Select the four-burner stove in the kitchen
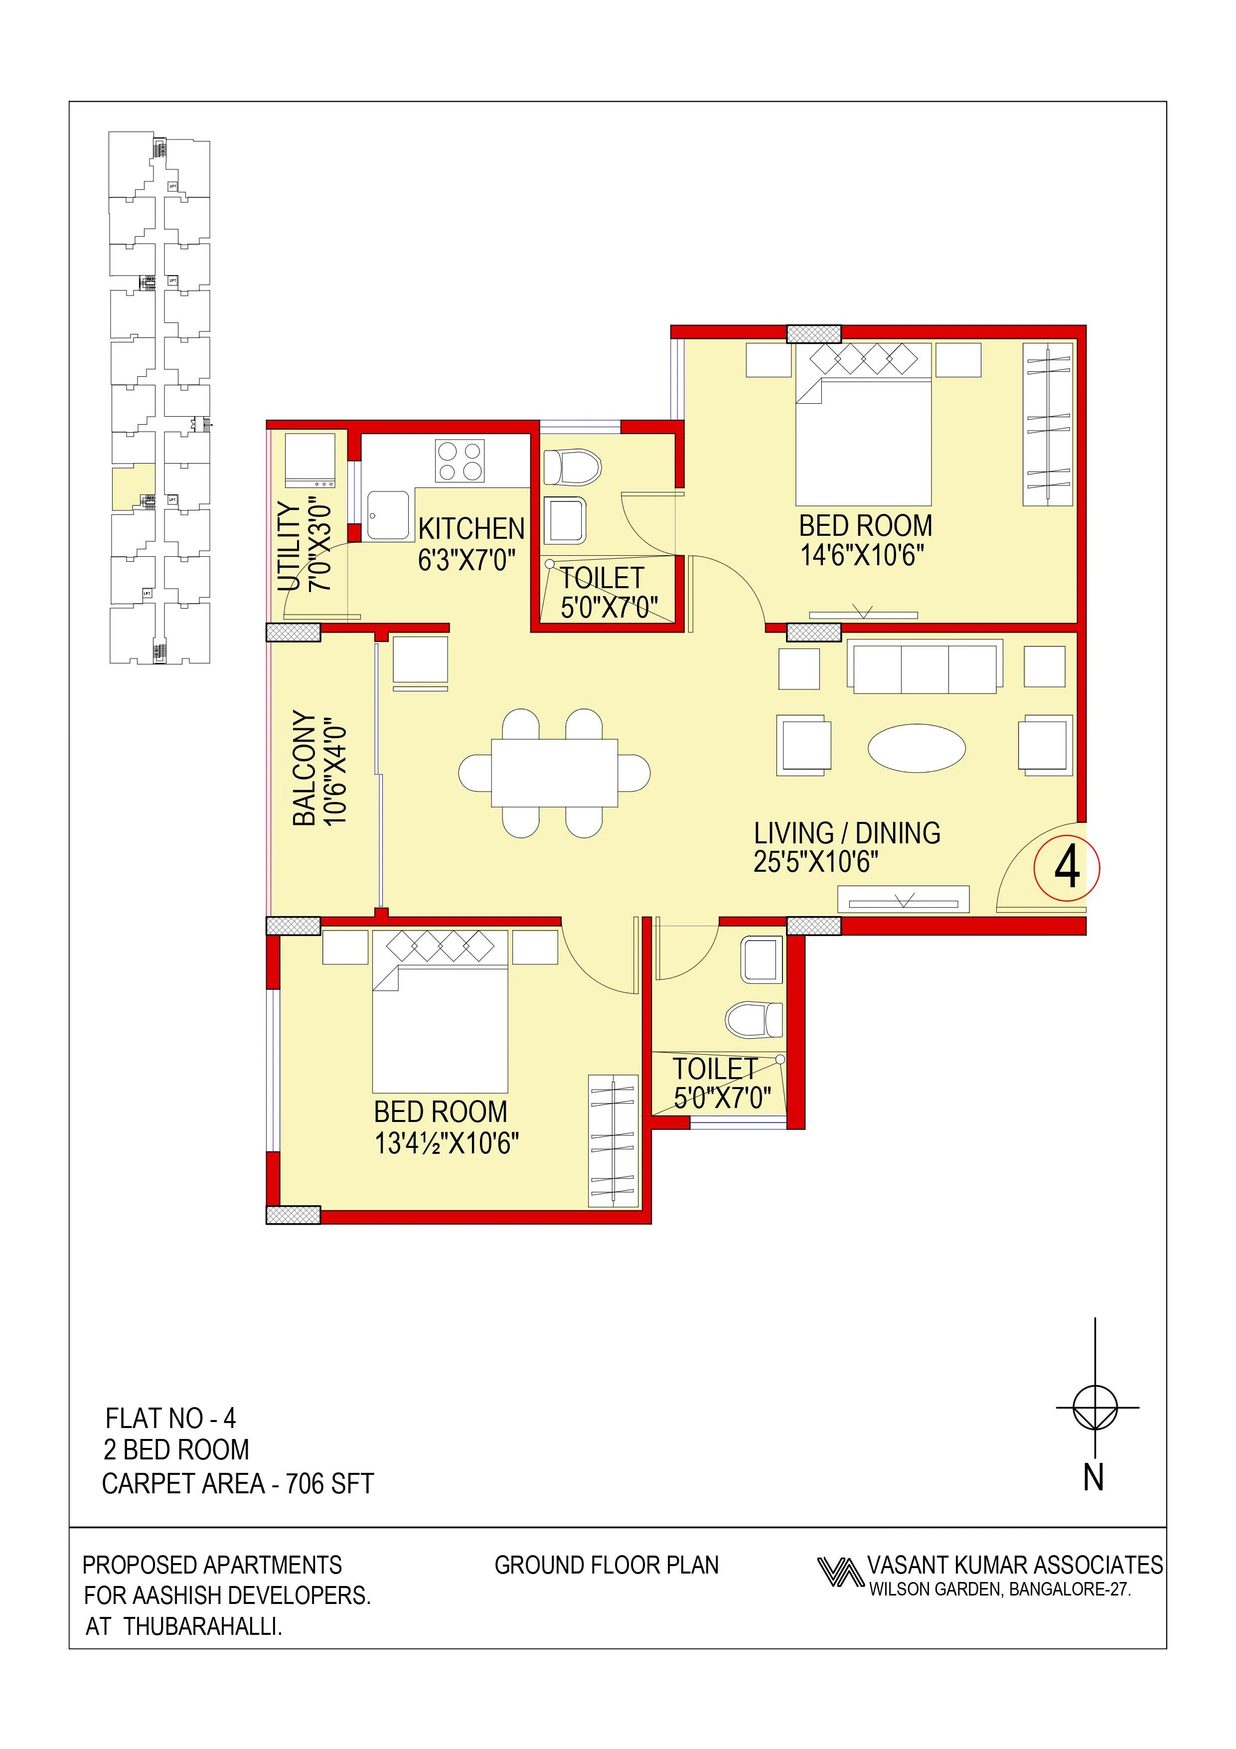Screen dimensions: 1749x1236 click(x=459, y=461)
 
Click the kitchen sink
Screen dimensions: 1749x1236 click(x=387, y=516)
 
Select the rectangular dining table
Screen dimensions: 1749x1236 click(x=554, y=773)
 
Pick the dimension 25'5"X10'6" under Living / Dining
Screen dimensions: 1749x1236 click(x=816, y=862)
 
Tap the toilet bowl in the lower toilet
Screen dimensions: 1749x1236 click(x=754, y=1019)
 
